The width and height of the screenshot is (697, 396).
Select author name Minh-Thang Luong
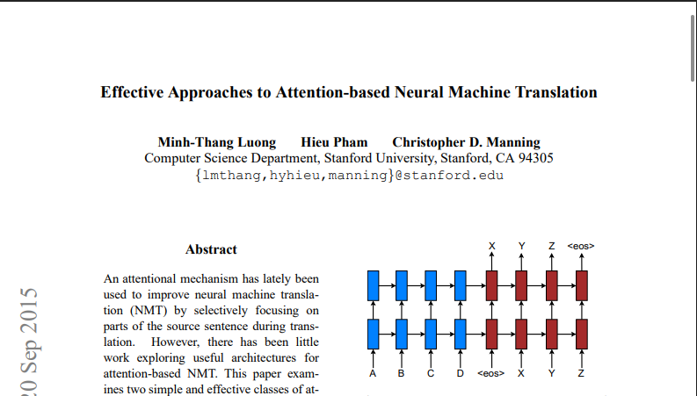217,142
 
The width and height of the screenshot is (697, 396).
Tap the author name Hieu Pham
334,142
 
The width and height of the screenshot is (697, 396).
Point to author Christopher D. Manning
467,142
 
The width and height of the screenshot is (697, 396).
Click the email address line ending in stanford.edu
350,176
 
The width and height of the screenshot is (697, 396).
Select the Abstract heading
211,249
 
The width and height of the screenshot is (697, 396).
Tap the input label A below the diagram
373,373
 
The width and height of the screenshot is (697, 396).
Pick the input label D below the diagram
460,373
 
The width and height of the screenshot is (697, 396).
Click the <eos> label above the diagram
581,246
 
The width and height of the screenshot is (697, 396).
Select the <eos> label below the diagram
491,373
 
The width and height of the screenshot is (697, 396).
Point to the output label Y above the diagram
522,246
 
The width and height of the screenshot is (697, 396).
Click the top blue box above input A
374,286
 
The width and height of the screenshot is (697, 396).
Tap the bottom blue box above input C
431,335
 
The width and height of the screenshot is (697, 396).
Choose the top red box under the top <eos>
582,286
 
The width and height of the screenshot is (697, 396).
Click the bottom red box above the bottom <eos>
491,335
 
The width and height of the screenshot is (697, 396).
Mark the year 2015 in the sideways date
29,309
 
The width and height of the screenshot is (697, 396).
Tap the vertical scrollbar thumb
693,48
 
